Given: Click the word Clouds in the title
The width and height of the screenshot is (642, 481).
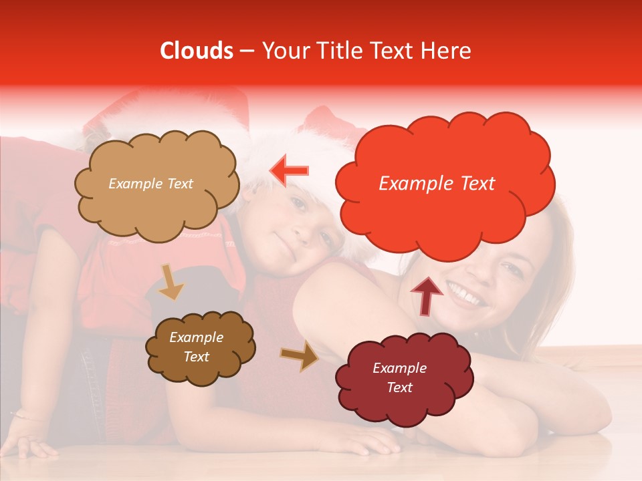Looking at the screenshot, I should [x=197, y=51].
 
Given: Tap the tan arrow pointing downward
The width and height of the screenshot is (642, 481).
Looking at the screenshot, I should [x=171, y=282].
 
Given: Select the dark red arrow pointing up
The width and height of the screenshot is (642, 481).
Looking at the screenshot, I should [x=427, y=295].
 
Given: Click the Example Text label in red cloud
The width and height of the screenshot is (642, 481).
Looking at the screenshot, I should [x=437, y=184].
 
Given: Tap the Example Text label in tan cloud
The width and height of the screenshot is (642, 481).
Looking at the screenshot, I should [x=150, y=184].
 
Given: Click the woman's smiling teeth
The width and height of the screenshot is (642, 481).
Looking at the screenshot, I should [x=468, y=295].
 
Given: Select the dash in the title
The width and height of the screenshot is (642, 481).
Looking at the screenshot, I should [x=246, y=51].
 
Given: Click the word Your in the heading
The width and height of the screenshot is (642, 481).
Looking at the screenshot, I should [x=280, y=51].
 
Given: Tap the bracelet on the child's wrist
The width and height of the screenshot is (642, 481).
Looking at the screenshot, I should [x=23, y=416].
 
